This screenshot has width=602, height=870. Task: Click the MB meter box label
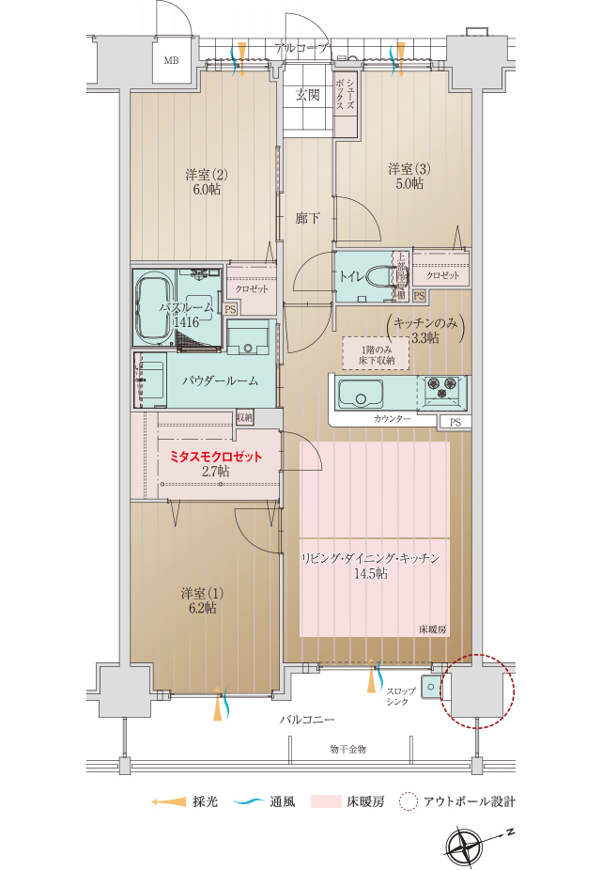pos(171,62)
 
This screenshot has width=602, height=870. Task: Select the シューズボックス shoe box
pos(346,94)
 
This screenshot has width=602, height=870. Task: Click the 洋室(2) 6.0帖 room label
pos(206,181)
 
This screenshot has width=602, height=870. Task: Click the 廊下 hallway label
pos(307,219)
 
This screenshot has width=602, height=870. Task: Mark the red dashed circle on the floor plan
pos(479,691)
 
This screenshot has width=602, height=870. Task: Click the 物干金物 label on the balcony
pos(347,749)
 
